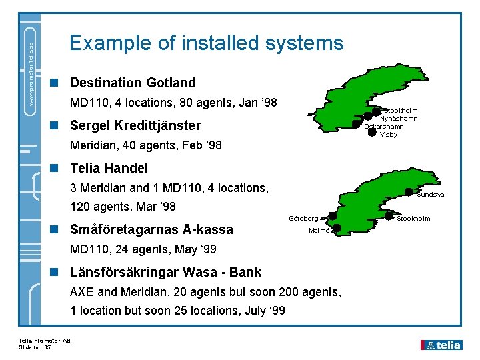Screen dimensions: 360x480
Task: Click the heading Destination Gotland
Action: (133, 83)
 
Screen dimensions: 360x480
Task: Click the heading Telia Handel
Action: (109, 168)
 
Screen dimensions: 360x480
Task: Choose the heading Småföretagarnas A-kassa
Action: (151, 229)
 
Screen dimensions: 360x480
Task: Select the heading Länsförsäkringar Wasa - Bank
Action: (165, 272)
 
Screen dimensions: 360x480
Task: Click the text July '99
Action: (265, 310)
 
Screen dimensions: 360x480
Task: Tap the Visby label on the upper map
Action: (389, 135)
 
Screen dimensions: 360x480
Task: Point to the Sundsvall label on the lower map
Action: (432, 195)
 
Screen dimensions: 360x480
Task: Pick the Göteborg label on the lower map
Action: (303, 218)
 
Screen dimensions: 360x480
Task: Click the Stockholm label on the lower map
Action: (413, 218)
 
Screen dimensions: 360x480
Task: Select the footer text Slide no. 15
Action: (35, 347)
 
